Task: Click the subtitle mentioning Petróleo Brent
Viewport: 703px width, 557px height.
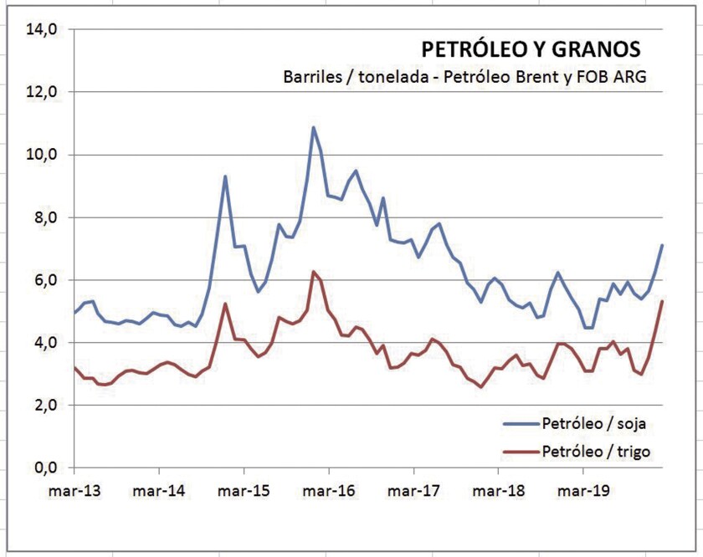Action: tap(466, 77)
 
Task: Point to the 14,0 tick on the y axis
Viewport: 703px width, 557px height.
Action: tap(42, 29)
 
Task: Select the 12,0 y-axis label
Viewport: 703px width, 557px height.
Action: tap(42, 92)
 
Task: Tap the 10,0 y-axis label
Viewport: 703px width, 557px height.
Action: tap(42, 155)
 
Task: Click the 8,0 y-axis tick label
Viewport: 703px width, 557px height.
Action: tap(45, 217)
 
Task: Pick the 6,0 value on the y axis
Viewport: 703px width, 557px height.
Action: tap(45, 280)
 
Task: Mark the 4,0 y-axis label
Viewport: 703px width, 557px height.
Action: tap(45, 343)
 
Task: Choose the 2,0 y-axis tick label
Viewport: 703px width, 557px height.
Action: tap(45, 406)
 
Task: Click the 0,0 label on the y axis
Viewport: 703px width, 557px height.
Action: tap(45, 468)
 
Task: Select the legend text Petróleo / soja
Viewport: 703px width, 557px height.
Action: tap(594, 425)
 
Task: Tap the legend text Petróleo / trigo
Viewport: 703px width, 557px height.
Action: tap(596, 452)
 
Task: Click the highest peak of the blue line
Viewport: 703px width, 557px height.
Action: tap(313, 128)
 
